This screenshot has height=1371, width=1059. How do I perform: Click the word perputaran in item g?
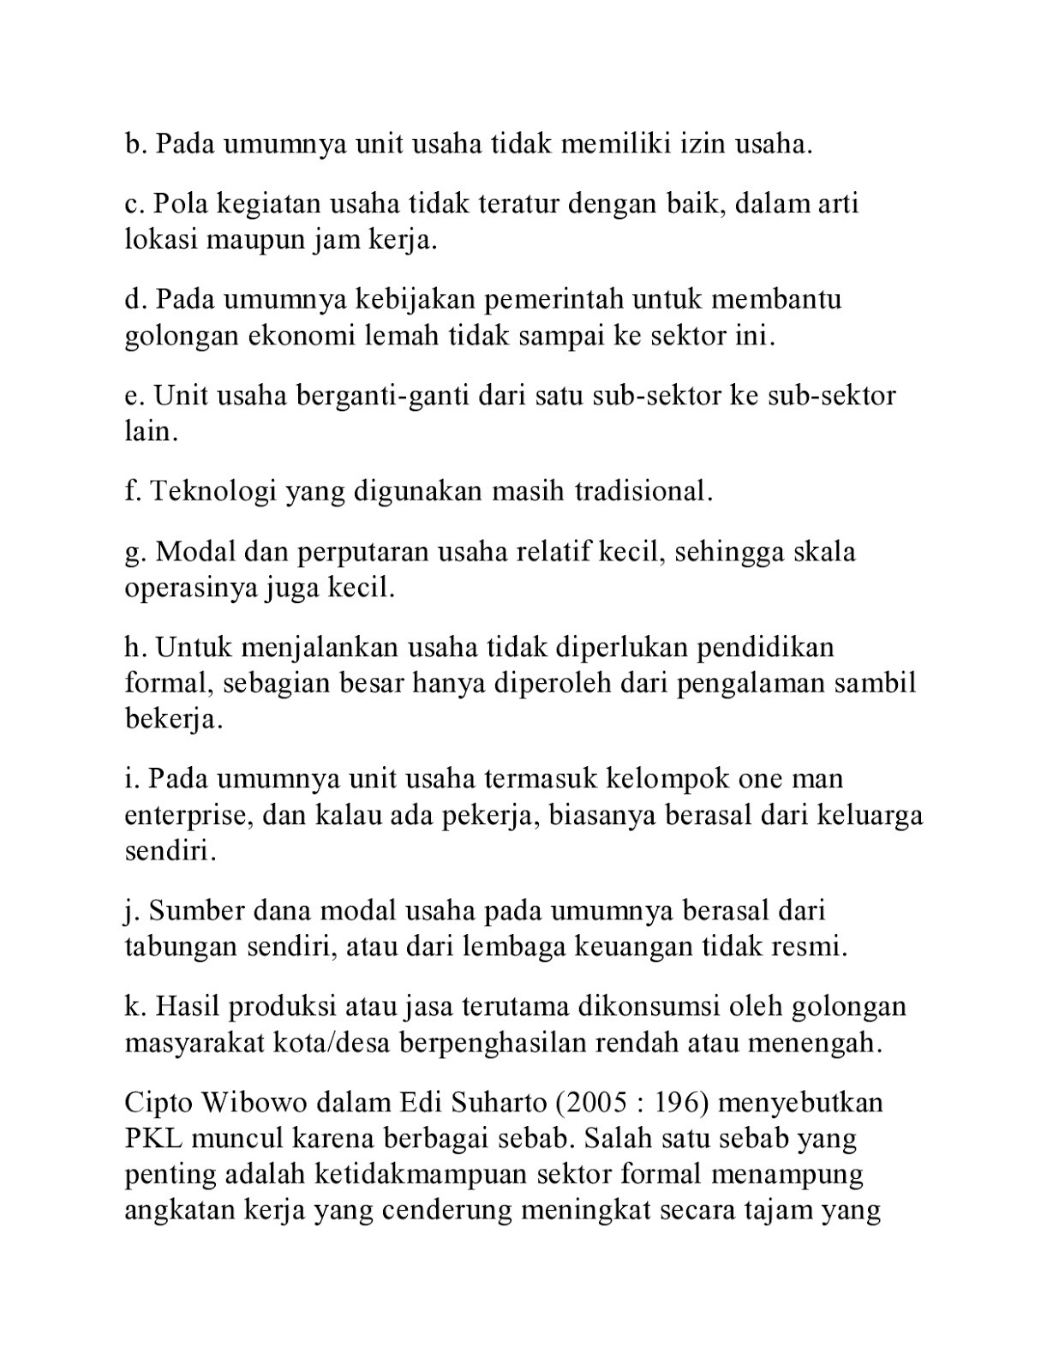click(363, 552)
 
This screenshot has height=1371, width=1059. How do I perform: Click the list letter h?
click(134, 647)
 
